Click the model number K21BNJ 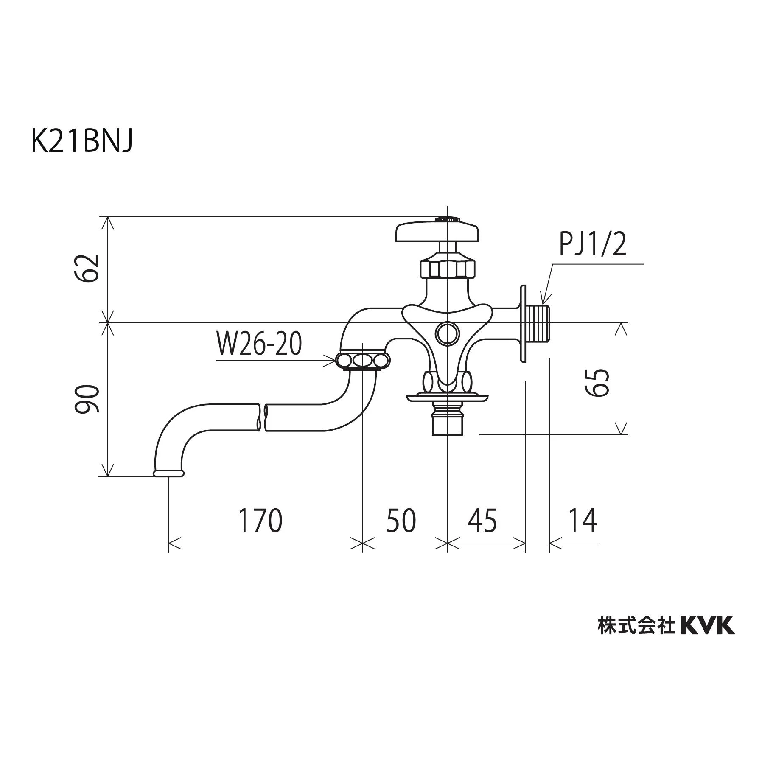pos(82,142)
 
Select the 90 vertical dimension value pos(87,399)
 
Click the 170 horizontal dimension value pos(260,521)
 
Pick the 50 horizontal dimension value pos(401,521)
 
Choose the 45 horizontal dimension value pos(482,521)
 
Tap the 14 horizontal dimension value pos(582,521)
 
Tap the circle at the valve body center pos(447,333)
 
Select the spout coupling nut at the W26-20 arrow pos(363,361)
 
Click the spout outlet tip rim pos(169,473)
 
